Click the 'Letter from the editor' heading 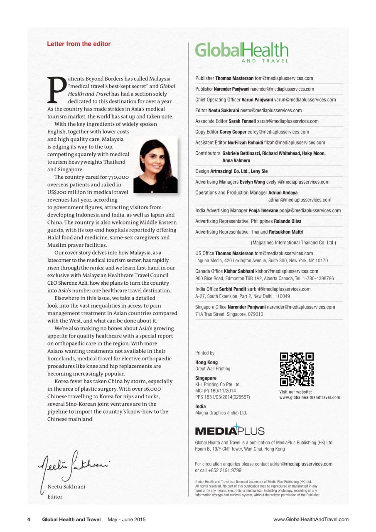click(x=79, y=44)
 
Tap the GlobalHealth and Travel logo click(x=241, y=52)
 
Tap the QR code click(x=297, y=369)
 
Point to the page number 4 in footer click(x=29, y=520)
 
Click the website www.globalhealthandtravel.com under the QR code click(x=310, y=397)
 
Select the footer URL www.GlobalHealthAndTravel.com click(x=311, y=520)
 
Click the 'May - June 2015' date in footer click(x=126, y=520)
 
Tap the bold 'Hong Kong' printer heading click(x=206, y=362)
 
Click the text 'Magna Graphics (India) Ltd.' click(x=221, y=413)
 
